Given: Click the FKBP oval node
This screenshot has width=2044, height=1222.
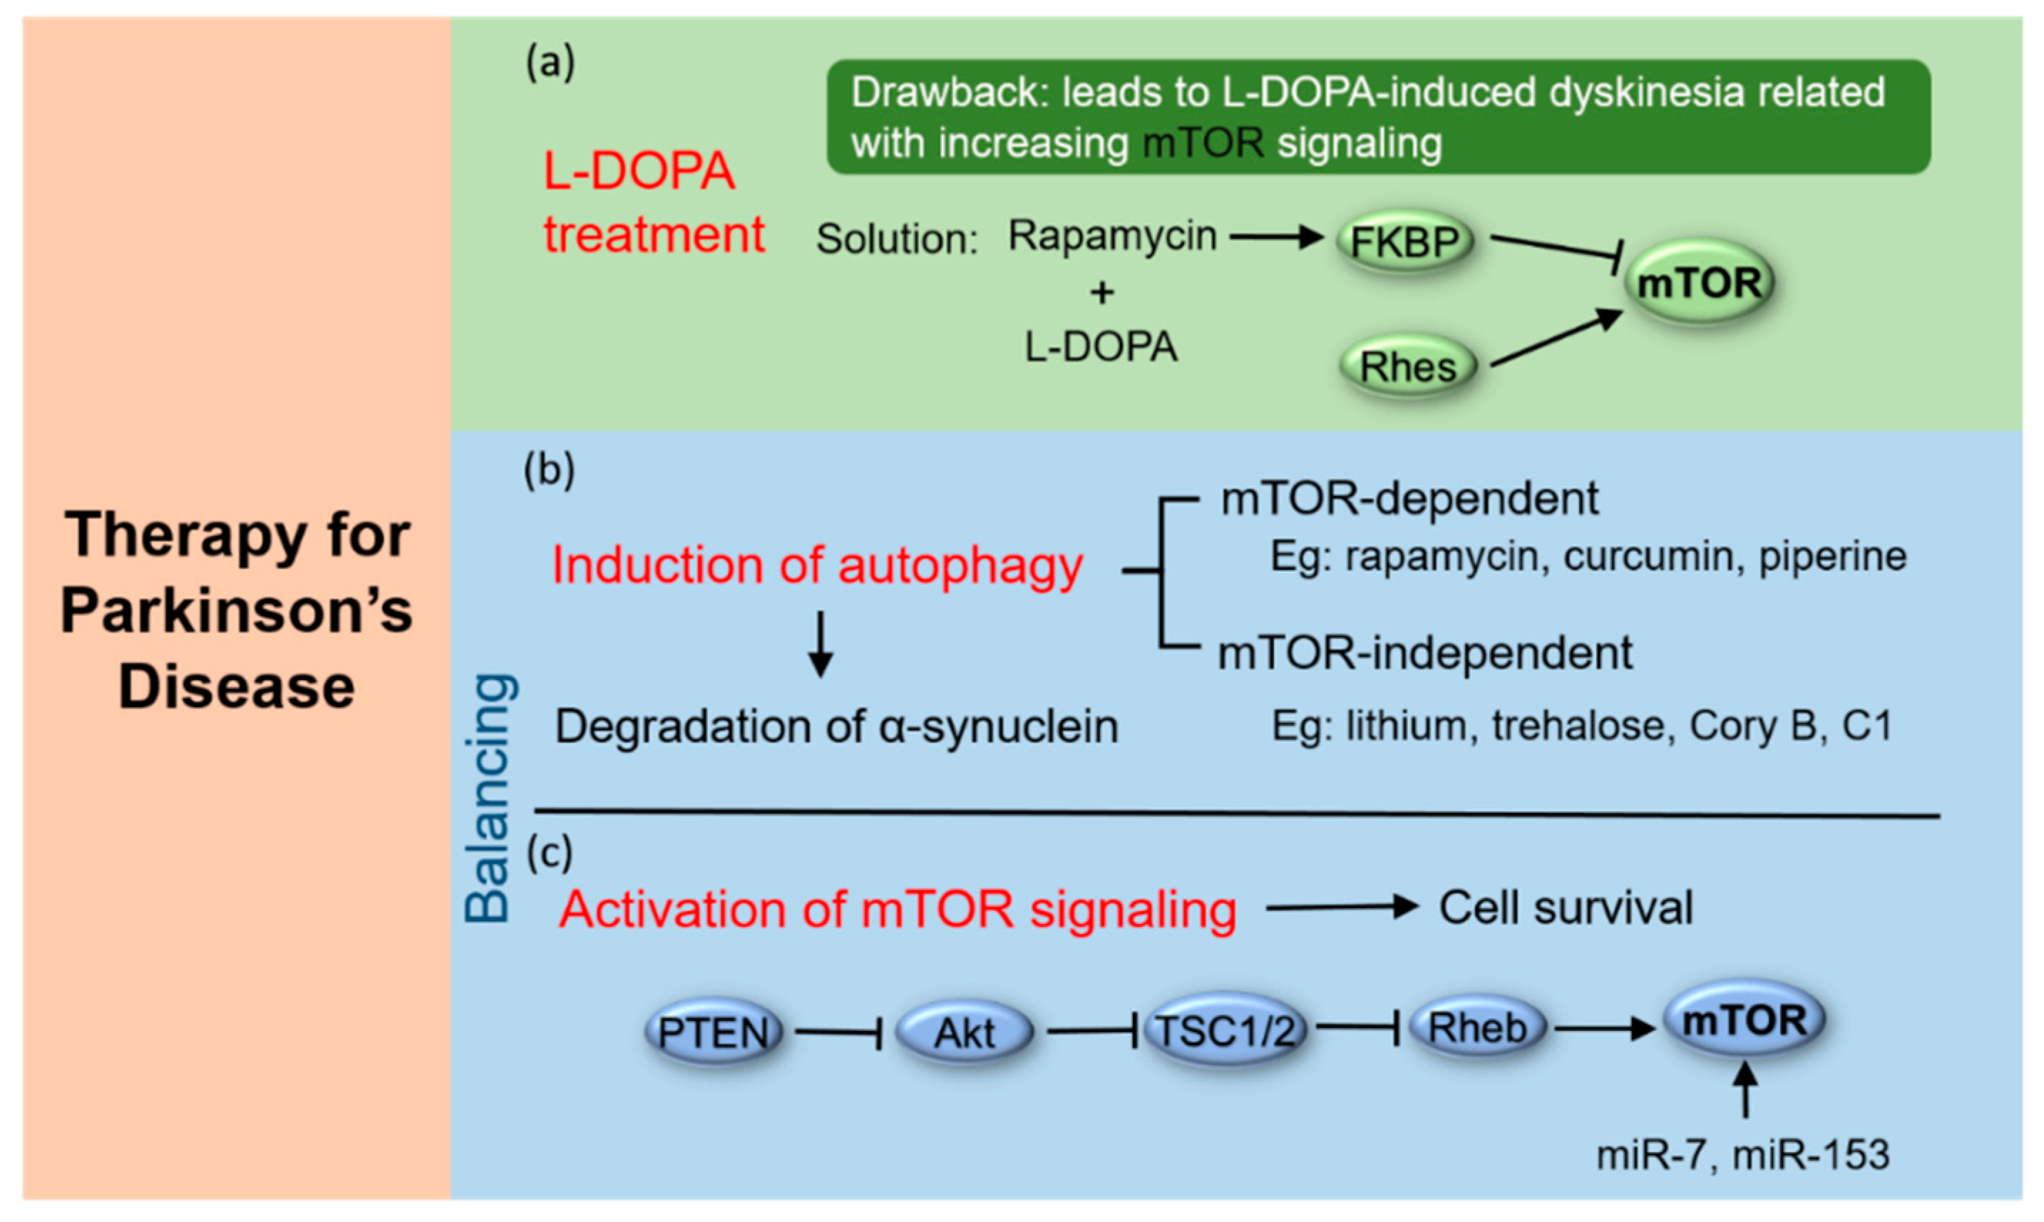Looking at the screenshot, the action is [1404, 241].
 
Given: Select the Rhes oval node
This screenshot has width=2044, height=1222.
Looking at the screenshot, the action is [1407, 366].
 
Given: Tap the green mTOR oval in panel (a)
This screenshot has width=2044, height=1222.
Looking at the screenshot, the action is [1699, 282].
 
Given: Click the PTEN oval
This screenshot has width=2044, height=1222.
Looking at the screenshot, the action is [714, 1032].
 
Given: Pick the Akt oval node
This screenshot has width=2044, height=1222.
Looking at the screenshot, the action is [964, 1032].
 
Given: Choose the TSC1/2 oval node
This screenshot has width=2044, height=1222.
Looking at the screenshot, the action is [1225, 1030].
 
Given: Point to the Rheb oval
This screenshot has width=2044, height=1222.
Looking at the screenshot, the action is [1478, 1027].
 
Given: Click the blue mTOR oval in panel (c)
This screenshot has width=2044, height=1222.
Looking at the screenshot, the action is [1745, 1020].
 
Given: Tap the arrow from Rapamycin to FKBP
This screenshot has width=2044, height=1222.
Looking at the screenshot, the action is [1276, 238].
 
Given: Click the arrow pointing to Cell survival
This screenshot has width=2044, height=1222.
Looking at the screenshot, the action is [1342, 908].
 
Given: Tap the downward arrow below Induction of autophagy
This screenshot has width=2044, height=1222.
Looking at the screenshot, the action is [820, 644].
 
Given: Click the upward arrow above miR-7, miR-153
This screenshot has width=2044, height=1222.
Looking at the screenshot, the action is [1745, 1089].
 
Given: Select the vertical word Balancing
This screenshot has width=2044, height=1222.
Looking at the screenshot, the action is [488, 798].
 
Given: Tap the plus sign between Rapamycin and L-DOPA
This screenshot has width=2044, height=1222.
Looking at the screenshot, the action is [1101, 292].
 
